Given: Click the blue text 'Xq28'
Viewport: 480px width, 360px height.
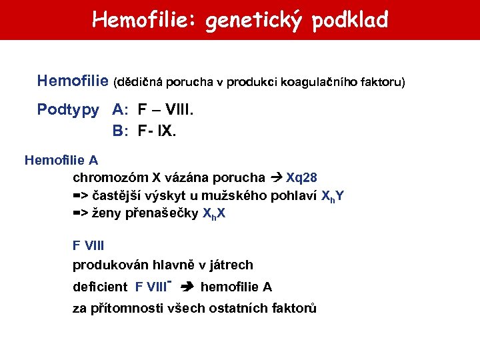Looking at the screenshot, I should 301,177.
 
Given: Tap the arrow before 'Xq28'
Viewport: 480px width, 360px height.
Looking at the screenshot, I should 277,178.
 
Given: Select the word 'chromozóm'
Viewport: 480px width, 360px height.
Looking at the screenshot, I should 110,177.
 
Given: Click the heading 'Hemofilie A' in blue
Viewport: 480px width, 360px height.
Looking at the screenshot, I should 61,161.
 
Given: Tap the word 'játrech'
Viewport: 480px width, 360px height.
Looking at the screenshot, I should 231,265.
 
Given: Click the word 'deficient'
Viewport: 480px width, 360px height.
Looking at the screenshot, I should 99,287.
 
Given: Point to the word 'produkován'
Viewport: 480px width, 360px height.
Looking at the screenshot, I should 105,265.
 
